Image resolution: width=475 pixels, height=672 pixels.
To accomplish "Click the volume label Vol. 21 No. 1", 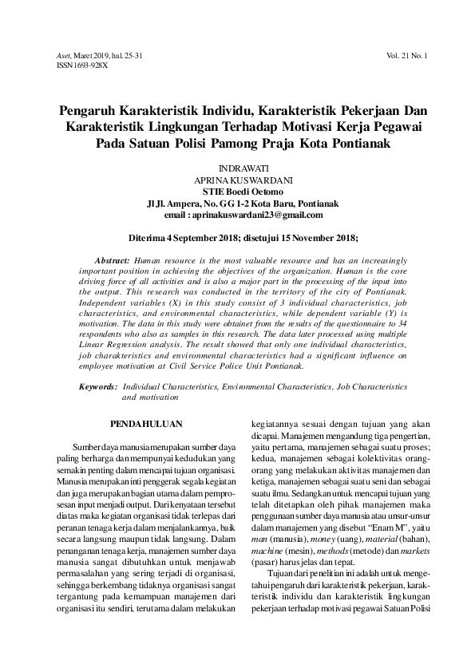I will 406,56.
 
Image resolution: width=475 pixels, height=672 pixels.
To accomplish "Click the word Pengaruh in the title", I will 93,109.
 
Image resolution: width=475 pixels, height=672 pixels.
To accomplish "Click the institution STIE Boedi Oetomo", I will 237,192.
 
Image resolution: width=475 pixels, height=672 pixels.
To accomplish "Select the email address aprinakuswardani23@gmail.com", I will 255,215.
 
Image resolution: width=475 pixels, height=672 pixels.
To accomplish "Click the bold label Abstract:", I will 112,261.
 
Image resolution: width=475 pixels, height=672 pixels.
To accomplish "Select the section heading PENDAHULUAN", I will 146,425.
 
